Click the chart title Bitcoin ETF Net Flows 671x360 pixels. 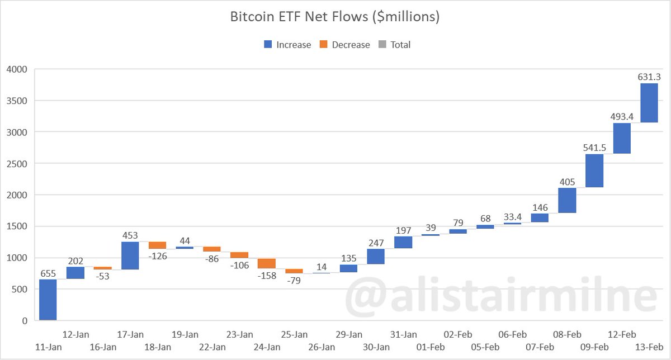tap(335, 17)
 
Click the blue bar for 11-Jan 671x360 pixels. tap(48, 300)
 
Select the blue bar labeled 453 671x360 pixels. tap(130, 255)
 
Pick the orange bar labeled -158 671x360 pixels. tap(267, 263)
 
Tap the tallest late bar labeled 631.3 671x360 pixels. tap(649, 103)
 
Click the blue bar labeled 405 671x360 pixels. tap(567, 200)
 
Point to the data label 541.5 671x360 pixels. tap(594, 148)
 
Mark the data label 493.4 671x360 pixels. tap(622, 116)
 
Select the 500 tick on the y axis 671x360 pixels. tap(20, 290)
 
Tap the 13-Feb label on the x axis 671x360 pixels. tap(649, 347)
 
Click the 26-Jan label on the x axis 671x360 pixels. tap(322, 347)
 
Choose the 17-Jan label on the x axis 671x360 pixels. tap(130, 335)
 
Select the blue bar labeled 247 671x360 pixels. tap(376, 257)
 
